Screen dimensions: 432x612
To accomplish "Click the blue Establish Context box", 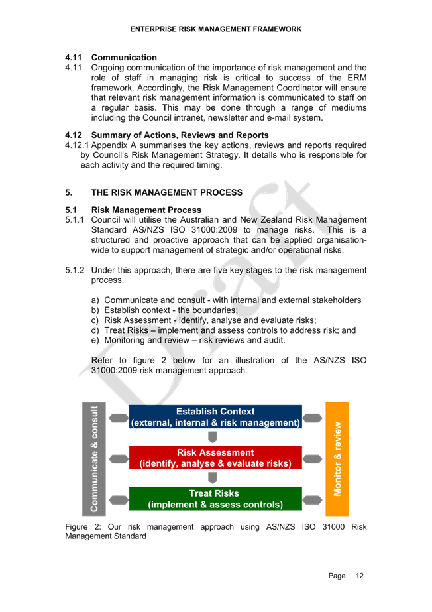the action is coord(215,417).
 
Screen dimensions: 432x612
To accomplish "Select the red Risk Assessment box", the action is coord(215,458).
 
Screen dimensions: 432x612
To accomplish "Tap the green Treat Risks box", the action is coord(215,499).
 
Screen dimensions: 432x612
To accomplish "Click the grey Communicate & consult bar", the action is coord(94,459).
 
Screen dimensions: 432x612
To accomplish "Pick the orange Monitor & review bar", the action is coord(337,459).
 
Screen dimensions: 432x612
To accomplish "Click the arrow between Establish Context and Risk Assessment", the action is coord(213,437).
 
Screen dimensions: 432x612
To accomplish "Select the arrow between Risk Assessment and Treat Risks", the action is coord(213,478).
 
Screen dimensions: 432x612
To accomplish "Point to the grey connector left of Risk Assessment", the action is coord(119,459).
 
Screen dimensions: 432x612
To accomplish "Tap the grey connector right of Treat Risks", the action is coord(312,500).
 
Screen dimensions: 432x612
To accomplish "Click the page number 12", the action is coord(360,576).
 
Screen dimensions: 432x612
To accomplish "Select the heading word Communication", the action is coord(124,58).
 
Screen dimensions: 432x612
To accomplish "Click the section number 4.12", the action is coord(74,135).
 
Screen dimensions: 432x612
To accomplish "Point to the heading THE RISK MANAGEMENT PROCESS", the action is coord(167,192).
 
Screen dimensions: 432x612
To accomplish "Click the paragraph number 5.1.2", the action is coord(74,270).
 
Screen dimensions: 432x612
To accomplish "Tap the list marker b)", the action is coord(95,310).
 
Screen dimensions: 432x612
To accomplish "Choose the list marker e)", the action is coord(95,340).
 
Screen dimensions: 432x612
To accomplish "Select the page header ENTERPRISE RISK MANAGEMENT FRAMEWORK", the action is coord(216,29).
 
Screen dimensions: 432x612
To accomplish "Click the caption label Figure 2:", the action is coord(83,527).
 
